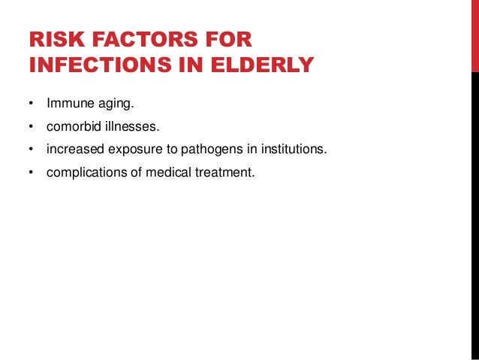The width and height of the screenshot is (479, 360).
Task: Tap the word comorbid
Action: [72, 124]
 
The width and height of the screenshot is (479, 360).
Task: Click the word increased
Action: [72, 148]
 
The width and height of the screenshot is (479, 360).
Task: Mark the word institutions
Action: [293, 148]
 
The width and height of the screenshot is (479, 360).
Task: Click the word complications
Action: [83, 172]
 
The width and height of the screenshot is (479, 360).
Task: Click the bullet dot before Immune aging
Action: [32, 101]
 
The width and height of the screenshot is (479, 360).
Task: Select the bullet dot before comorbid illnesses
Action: [32, 125]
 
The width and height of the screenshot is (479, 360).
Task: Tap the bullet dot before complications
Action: [32, 173]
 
